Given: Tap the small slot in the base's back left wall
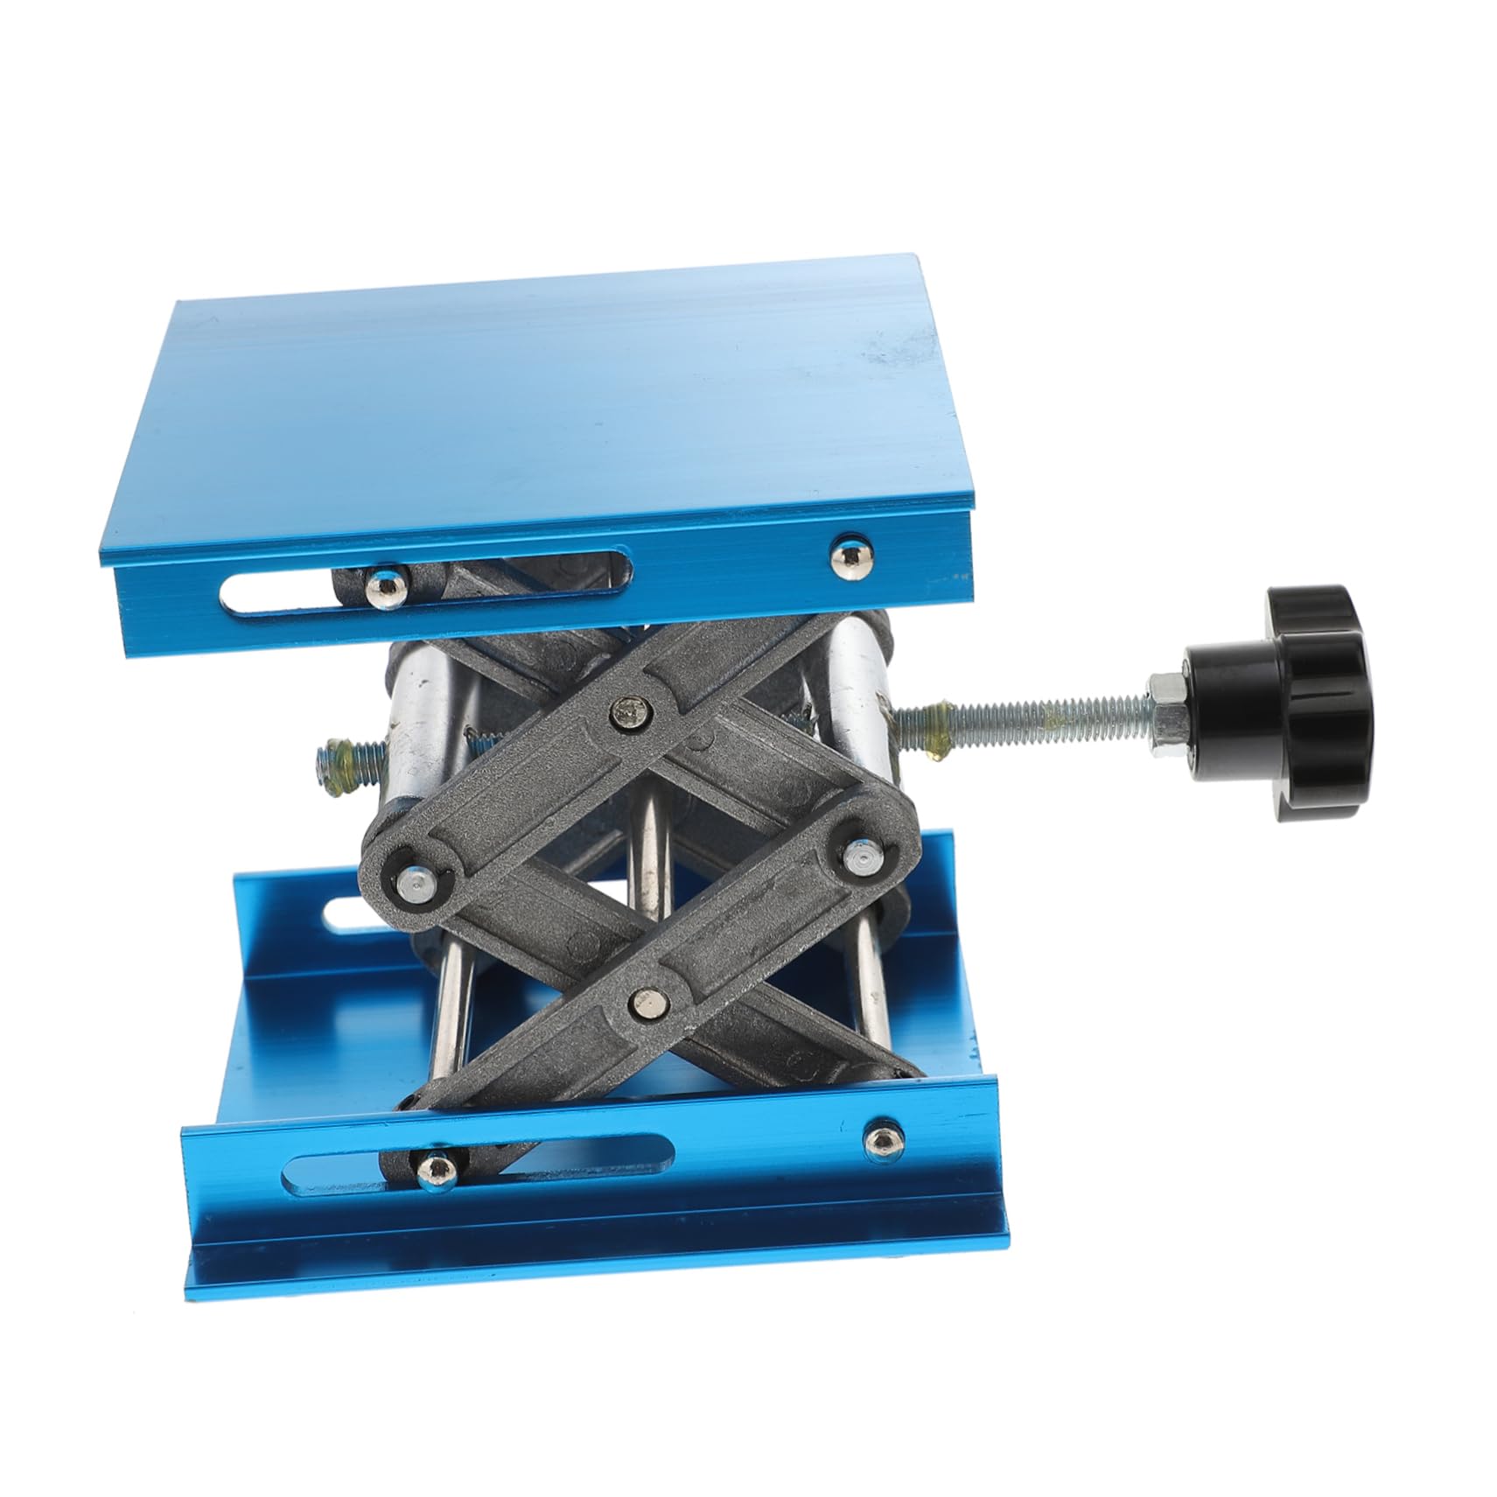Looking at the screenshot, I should coord(346,915).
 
